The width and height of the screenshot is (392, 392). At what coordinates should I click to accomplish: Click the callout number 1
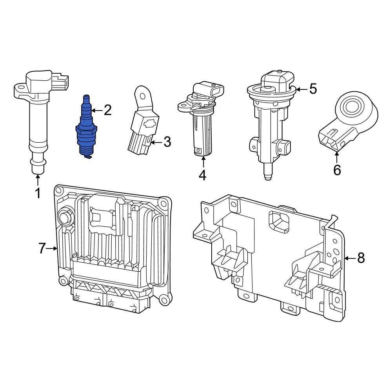coord(38,193)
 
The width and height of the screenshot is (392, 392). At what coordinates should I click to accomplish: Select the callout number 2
coord(107,111)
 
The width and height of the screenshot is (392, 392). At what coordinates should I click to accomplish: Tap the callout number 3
coord(167,142)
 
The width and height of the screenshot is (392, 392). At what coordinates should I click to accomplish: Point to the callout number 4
coord(202,175)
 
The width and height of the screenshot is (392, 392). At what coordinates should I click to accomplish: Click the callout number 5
coord(312,89)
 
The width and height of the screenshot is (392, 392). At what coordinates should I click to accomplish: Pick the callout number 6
coord(337,170)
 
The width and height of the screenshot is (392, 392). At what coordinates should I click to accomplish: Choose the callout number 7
coord(42,248)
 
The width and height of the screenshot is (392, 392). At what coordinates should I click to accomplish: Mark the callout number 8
coord(361,258)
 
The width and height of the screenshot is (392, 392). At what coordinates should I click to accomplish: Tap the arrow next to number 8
coord(350,258)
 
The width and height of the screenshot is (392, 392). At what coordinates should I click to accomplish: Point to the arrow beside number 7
coord(53,248)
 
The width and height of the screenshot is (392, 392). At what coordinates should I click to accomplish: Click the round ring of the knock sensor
coord(350,106)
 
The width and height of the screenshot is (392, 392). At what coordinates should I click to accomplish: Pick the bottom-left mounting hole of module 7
coord(62,281)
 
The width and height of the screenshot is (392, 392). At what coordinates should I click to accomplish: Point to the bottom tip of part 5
coord(268,178)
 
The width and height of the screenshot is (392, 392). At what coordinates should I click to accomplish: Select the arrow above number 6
coord(337,158)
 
